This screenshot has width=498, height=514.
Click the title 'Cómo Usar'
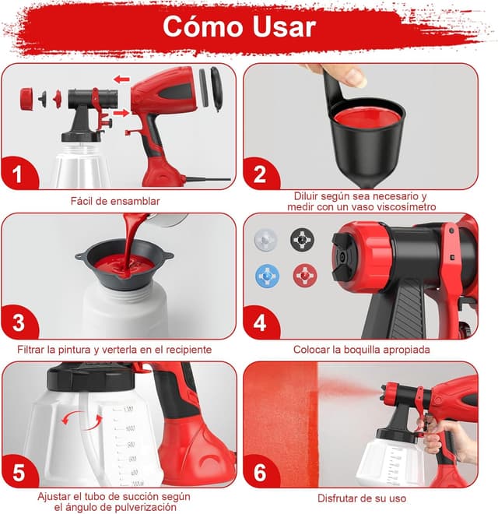pos(239,26)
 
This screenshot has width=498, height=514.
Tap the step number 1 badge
pos(17,173)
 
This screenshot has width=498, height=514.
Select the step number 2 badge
pos(258,173)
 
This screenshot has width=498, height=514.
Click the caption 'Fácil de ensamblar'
pos(114,201)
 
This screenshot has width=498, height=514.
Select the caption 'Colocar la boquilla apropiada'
pos(361,350)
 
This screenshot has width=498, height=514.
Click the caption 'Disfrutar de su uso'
pos(361,498)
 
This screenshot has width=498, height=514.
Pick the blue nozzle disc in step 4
pos(266,276)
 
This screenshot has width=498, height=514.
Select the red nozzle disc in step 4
pos(303,276)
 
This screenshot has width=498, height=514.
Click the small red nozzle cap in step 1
pos(27,98)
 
